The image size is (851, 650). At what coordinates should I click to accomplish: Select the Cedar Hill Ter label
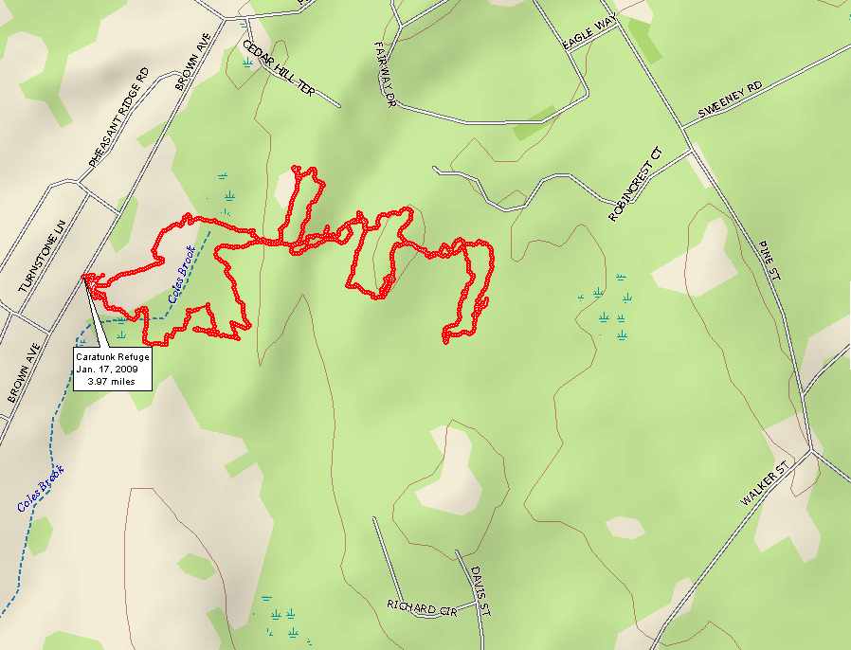coord(278,67)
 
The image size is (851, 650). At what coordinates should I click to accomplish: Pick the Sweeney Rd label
coord(729,99)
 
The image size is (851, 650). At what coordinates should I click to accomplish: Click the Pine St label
coord(769,258)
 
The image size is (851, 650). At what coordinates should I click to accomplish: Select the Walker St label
coord(766,484)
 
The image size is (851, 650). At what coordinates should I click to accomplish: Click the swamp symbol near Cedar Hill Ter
coord(247,63)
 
